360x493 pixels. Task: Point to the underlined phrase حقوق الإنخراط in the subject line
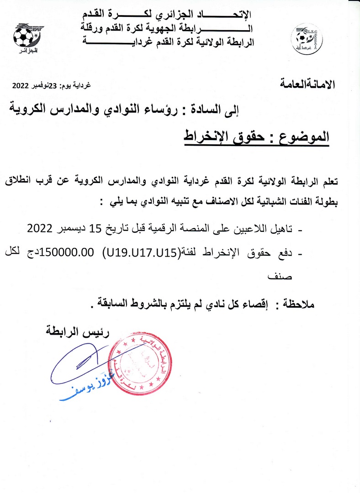coord(219,136)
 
